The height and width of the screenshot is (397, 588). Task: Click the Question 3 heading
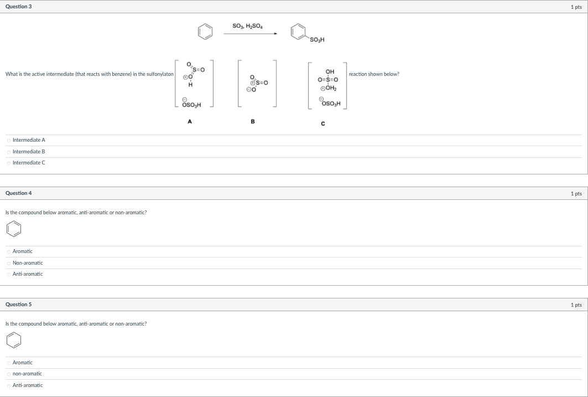[18, 6]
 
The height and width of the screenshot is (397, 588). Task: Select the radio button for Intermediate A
[9, 140]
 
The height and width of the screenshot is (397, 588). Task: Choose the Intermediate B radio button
[9, 152]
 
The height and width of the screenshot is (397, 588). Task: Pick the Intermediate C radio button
[9, 163]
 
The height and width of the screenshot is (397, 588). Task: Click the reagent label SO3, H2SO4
[248, 25]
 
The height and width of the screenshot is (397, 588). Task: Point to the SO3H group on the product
[318, 39]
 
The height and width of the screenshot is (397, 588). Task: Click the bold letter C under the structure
[322, 123]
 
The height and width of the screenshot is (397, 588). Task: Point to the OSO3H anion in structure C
[331, 104]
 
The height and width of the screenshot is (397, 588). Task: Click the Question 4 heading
[18, 193]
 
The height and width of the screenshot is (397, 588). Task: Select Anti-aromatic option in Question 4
[9, 274]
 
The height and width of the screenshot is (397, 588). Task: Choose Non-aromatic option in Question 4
[9, 263]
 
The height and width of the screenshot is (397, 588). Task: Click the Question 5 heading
[18, 305]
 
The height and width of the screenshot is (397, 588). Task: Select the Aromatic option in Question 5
[9, 363]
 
